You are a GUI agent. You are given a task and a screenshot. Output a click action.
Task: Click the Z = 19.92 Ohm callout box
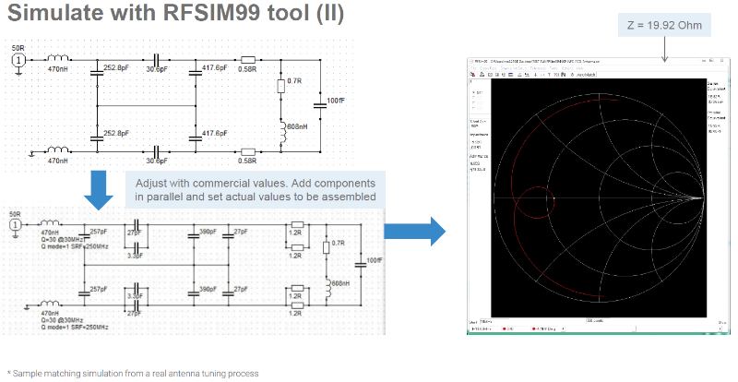tap(665, 25)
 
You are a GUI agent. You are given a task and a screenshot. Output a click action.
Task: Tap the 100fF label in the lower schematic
tap(375, 260)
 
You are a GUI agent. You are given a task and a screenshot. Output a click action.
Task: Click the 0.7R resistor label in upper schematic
tap(295, 81)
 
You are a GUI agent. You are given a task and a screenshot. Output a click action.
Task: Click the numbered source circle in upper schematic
tap(18, 61)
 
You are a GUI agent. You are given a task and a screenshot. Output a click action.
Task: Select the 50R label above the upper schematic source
tap(18, 47)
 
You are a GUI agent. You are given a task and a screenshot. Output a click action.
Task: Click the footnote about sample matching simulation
tap(134, 373)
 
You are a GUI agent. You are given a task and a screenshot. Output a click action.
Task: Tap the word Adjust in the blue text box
tap(147, 183)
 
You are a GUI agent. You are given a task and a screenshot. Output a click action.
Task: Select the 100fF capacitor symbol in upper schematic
tap(319, 104)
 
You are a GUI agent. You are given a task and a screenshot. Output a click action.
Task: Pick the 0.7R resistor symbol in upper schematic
tap(280, 87)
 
